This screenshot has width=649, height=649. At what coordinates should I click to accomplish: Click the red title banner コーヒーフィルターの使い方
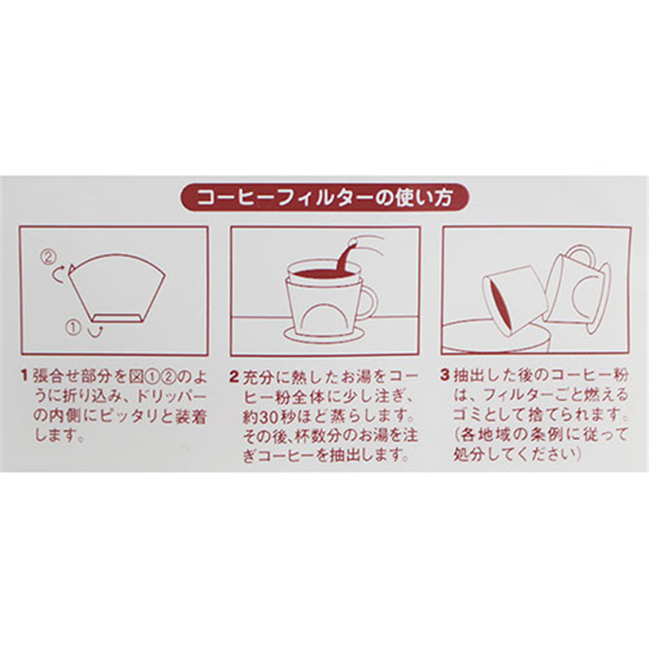click(x=324, y=198)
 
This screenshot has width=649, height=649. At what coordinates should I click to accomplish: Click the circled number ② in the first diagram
click(x=48, y=257)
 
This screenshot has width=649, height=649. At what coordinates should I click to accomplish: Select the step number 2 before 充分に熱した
click(x=234, y=376)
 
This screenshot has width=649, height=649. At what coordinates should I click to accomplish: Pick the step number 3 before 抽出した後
click(x=445, y=376)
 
